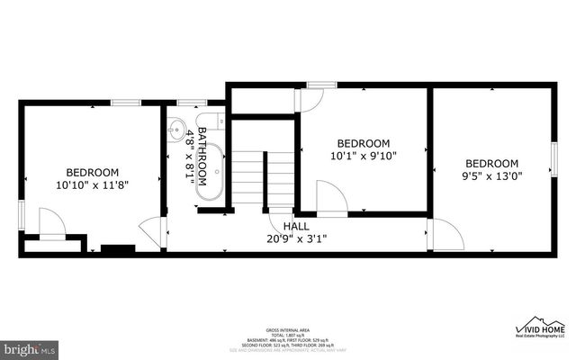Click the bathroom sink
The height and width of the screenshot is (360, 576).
[177, 127]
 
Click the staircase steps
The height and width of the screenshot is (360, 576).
[262, 177]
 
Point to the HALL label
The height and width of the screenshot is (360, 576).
[296, 226]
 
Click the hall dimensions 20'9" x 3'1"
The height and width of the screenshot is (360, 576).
[296, 238]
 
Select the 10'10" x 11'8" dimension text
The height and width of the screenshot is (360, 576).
[92, 184]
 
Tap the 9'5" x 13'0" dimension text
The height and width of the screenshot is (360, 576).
[492, 176]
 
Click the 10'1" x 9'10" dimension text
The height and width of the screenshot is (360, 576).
[363, 156]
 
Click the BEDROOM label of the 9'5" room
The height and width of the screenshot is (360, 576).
[492, 163]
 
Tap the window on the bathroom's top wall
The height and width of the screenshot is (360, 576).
[189, 103]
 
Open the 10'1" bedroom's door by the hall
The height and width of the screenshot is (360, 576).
[331, 199]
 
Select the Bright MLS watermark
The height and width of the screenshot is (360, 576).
[30, 347]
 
